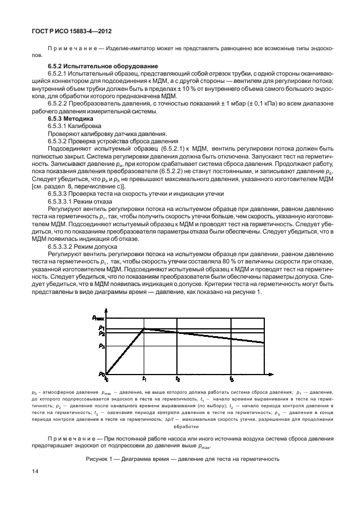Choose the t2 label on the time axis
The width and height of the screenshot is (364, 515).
(x=177, y=379)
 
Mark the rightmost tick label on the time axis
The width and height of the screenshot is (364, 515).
(x=232, y=379)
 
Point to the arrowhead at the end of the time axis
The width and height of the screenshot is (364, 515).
(x=272, y=373)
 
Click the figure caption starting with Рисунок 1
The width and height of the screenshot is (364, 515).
(x=181, y=459)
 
